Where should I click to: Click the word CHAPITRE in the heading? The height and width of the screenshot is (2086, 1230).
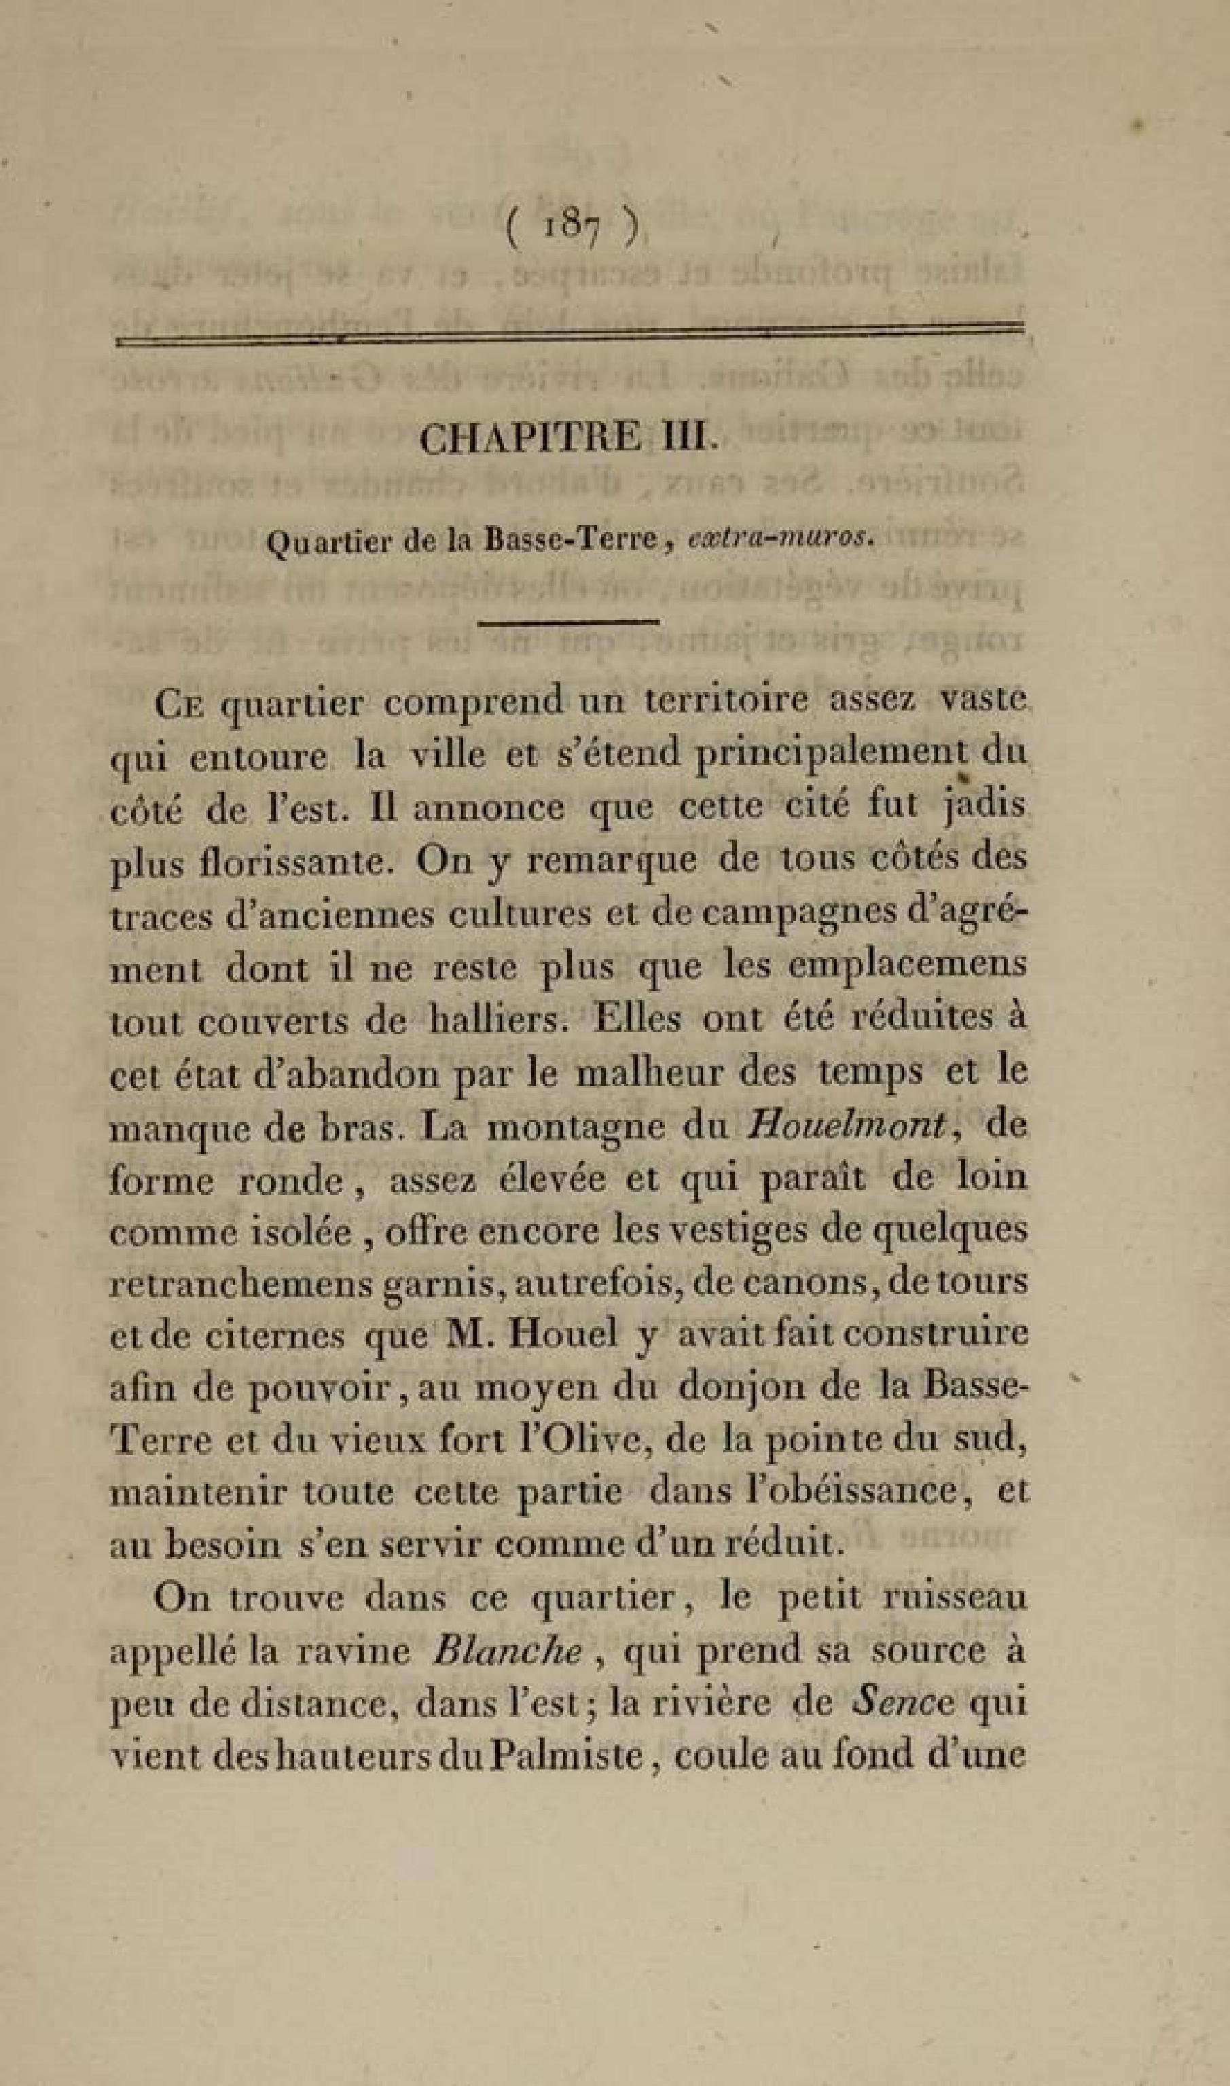[530, 438]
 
